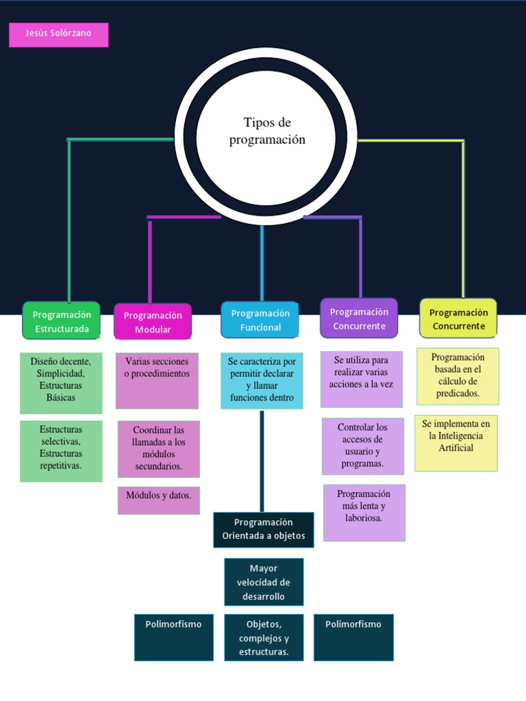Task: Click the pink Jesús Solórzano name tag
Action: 58,34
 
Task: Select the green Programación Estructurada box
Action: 62,321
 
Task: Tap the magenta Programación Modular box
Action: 153,322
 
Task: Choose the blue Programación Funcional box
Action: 260,320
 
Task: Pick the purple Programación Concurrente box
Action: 359,318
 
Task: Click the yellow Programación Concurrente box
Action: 458,318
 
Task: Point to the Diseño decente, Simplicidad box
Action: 61,383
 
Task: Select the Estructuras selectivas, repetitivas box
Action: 61,450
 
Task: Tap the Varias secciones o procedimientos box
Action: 157,381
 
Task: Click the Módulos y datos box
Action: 158,500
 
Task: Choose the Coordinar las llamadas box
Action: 158,448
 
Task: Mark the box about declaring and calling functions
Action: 262,381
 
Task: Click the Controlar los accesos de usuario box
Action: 363,446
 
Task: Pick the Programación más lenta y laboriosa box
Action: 364,512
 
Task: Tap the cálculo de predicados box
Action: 458,376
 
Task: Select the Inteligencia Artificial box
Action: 456,442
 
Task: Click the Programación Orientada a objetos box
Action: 264,529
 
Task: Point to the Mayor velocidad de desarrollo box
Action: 264,582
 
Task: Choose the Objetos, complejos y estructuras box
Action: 264,637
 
